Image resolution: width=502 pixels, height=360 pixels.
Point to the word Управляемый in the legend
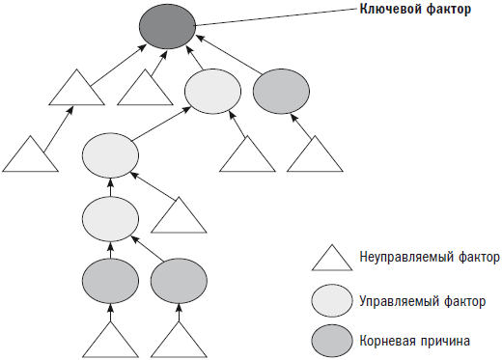pyautogui.click(x=392, y=301)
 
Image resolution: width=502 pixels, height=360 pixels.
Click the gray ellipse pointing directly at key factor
pyautogui.click(x=282, y=92)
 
